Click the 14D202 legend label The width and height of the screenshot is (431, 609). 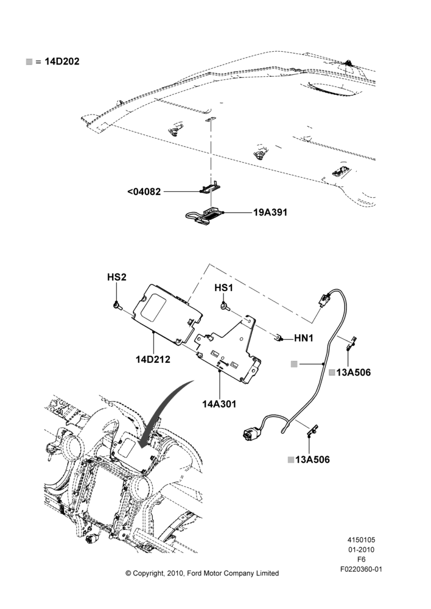62,62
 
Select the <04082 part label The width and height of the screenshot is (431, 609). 144,191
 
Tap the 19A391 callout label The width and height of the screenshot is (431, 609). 270,212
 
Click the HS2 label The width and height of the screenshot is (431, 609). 117,277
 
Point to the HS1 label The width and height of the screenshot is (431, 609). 223,288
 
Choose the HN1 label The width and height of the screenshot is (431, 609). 304,338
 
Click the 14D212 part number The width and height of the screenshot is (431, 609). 153,359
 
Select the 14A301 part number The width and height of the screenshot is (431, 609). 219,404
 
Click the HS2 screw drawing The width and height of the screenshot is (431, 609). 117,306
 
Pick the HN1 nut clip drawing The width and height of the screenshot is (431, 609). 278,338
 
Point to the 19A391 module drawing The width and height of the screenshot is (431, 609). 205,216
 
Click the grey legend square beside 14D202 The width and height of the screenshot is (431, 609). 29,62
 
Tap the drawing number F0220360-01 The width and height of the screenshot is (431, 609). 361,569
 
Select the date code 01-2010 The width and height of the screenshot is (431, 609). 361,549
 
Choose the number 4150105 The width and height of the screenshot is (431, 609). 361,540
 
